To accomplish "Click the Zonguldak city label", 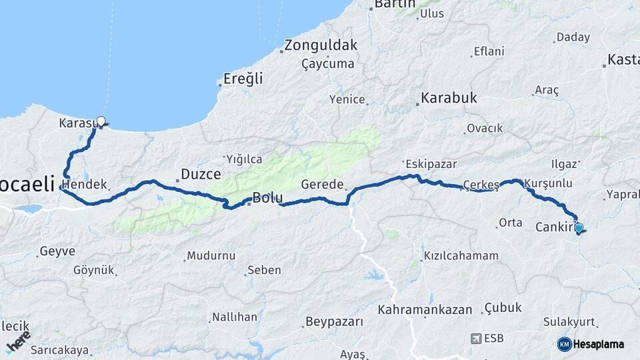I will pyautogui.click(x=321, y=46).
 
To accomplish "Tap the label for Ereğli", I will pyautogui.click(x=243, y=79).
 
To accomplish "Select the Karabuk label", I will pyautogui.click(x=449, y=98).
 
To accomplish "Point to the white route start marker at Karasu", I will pyautogui.click(x=101, y=121).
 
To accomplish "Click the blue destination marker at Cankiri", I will pyautogui.click(x=579, y=228).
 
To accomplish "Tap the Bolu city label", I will pyautogui.click(x=267, y=198).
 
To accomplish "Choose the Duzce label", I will pyautogui.click(x=201, y=175).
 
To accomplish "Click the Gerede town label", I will pyautogui.click(x=322, y=185).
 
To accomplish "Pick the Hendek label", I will pyautogui.click(x=85, y=185).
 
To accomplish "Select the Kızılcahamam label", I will pyautogui.click(x=461, y=256).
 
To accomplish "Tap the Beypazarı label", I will pyautogui.click(x=334, y=322).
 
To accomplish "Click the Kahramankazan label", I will pyautogui.click(x=425, y=310).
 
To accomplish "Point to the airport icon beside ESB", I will pyautogui.click(x=476, y=338).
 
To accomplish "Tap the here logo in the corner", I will pyautogui.click(x=18, y=341).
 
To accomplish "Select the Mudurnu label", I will pyautogui.click(x=211, y=255).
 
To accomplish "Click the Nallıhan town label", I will pyautogui.click(x=234, y=317).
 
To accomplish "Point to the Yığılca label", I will pyautogui.click(x=244, y=159).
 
